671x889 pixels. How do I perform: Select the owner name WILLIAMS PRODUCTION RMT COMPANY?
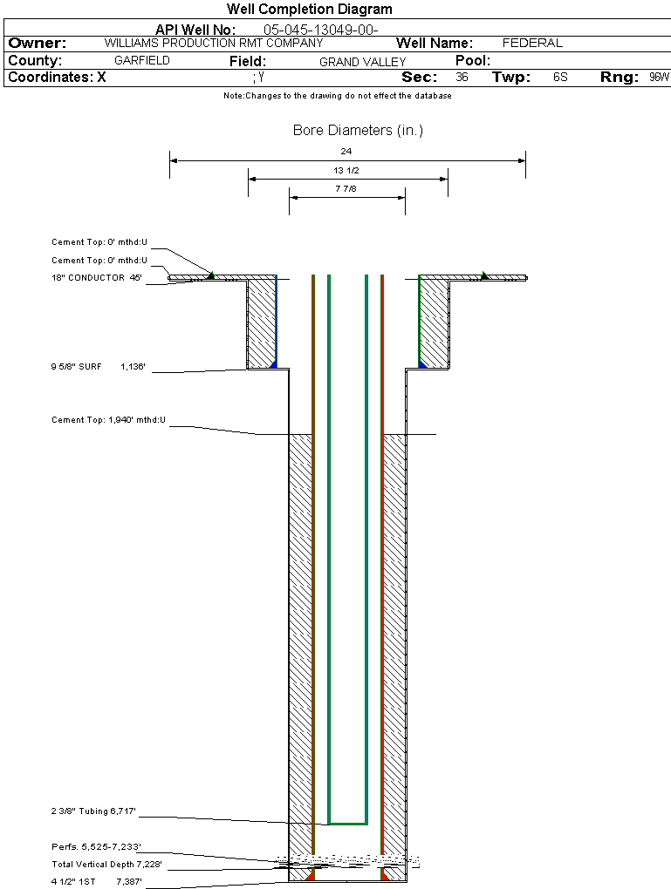214,43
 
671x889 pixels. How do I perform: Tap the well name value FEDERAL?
532,43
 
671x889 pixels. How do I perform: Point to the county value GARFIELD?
142,61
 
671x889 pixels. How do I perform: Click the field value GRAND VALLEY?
363,62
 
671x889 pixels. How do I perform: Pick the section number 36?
462,78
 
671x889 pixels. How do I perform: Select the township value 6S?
560,78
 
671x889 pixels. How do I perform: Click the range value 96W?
659,78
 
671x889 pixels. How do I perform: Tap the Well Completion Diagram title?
310,10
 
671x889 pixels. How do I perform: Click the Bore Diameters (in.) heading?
358,131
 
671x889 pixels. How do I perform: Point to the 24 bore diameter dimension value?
346,152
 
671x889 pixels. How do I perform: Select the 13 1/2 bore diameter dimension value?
346,170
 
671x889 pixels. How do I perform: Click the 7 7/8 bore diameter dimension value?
346,188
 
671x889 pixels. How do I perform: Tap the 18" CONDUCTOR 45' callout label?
96,278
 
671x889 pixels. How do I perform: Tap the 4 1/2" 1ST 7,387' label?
96,882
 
